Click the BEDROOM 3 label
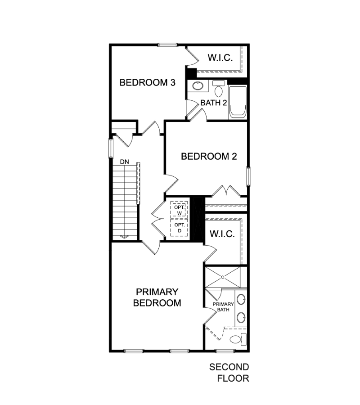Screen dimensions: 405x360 coord(147,82)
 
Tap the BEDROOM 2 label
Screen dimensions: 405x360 coord(209,157)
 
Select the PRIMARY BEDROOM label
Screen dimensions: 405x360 coord(157,297)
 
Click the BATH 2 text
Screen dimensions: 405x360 coord(213,103)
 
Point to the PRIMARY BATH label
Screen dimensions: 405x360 coord(224,307)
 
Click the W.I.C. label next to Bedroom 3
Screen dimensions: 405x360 coord(220,58)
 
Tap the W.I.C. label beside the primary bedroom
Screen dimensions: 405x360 coord(222,234)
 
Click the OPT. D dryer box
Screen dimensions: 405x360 coord(179,228)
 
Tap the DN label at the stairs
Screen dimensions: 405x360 coord(124,161)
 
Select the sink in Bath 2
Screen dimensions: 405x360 coord(197,86)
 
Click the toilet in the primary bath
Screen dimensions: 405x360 coord(237,338)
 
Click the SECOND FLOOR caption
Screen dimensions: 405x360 coord(229,373)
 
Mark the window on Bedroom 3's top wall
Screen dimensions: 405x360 coord(167,44)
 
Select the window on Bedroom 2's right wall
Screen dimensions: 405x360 coord(248,176)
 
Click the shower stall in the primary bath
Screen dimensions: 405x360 coord(226,277)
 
